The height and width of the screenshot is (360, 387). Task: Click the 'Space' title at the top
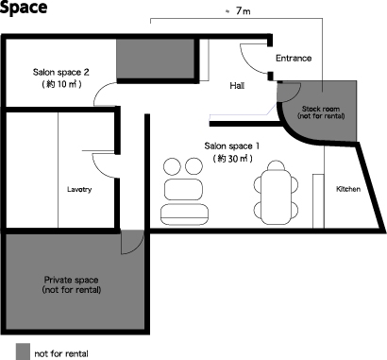(x=23, y=7)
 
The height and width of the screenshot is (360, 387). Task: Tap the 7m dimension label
(x=243, y=11)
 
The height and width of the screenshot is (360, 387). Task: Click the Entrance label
(x=294, y=59)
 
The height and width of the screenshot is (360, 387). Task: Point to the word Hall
(x=237, y=85)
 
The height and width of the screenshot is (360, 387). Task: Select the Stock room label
(x=321, y=109)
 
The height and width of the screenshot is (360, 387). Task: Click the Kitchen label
(x=348, y=189)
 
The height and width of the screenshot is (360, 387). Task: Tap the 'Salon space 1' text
(x=232, y=146)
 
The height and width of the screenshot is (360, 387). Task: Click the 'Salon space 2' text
(x=61, y=72)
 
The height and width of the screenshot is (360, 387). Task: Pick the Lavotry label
(x=79, y=189)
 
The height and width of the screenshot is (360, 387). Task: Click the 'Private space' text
(x=71, y=280)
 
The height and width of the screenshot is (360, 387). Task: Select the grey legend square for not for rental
(x=23, y=351)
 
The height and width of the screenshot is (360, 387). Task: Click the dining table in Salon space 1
(x=276, y=197)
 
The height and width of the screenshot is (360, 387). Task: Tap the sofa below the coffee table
(x=184, y=214)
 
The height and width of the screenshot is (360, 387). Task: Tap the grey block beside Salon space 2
(x=156, y=59)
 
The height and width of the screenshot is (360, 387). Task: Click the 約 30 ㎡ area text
(x=232, y=158)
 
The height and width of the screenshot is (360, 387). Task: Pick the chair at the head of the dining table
(x=276, y=165)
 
